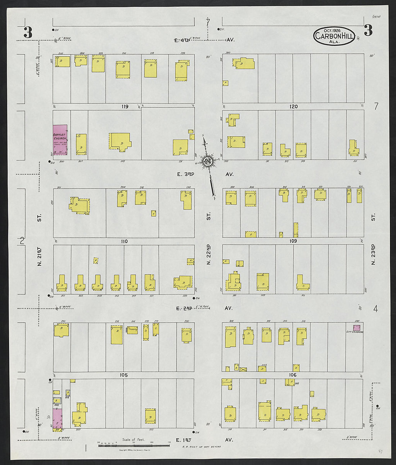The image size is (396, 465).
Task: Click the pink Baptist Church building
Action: (x=60, y=140)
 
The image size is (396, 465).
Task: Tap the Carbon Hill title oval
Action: (x=334, y=36)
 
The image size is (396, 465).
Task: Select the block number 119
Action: (x=125, y=107)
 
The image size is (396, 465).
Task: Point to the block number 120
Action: (x=293, y=107)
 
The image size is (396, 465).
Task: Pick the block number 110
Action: (x=124, y=242)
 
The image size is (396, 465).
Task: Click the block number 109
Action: (x=293, y=241)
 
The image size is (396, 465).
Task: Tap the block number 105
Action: (x=123, y=375)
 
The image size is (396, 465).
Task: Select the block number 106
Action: (x=293, y=375)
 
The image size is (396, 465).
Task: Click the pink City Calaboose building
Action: (x=356, y=328)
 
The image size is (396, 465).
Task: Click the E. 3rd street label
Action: (x=185, y=174)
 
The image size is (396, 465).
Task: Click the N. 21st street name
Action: (x=40, y=257)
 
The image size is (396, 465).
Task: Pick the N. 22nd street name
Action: (x=208, y=255)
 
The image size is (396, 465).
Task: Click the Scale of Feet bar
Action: (x=134, y=446)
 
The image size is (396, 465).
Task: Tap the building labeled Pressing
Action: (x=132, y=329)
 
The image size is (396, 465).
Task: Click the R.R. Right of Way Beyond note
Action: (x=202, y=447)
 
